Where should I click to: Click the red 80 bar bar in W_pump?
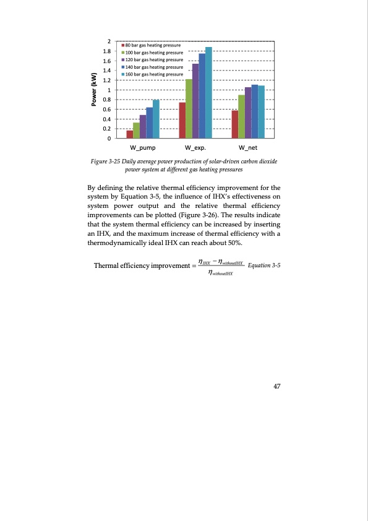(x=130, y=134)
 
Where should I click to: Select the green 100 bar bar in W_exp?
(x=189, y=109)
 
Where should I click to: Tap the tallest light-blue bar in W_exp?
(x=208, y=93)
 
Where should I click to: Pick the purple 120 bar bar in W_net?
(x=248, y=113)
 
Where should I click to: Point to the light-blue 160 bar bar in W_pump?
(x=156, y=119)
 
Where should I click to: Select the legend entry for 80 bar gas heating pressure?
(x=153, y=46)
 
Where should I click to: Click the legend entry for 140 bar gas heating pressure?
(x=153, y=66)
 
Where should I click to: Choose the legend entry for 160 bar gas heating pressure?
(x=153, y=74)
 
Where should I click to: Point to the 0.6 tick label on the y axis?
(x=106, y=110)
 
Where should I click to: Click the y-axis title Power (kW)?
(x=94, y=90)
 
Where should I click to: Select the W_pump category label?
(x=143, y=149)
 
